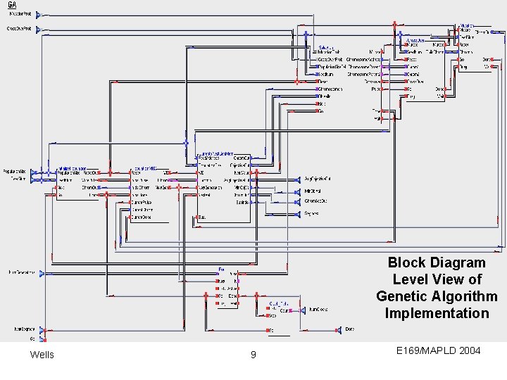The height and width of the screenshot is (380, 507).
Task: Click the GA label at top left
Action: point(12,5)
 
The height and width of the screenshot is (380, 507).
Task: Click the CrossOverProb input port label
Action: point(20,29)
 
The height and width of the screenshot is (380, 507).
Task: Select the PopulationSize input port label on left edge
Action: point(15,171)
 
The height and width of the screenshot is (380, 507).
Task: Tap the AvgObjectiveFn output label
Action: point(317,179)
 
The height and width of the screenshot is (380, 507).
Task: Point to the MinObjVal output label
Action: point(313,190)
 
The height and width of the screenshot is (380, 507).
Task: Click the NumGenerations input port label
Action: point(21,272)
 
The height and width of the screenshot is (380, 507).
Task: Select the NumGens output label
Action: point(318,309)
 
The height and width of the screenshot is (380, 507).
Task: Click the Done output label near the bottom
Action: point(350,329)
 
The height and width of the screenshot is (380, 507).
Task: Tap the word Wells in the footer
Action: point(42,354)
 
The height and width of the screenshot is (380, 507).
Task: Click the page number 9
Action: point(254,354)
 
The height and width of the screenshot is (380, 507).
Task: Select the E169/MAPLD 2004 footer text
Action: point(438,349)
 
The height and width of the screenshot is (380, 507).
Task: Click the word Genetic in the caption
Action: point(401,296)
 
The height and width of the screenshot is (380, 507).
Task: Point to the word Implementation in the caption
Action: point(437,313)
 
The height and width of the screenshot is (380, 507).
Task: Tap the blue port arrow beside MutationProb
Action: point(39,13)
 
